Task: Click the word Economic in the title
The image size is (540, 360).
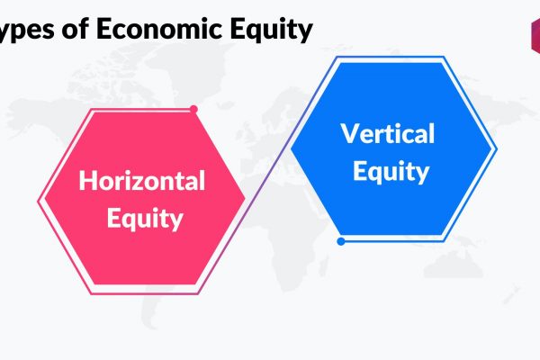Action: [159, 28]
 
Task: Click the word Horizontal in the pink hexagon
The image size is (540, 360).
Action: [142, 181]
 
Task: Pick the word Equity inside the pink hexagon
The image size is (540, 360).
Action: [145, 220]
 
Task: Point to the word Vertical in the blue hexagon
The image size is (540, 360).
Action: [388, 133]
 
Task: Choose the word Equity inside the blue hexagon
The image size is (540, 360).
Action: [391, 172]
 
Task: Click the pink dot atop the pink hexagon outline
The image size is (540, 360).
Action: [193, 109]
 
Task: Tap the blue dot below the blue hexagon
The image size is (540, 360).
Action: [341, 241]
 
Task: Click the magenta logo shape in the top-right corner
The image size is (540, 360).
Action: [535, 36]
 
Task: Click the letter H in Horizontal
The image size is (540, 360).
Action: [86, 180]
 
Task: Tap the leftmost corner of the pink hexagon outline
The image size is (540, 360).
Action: [38, 202]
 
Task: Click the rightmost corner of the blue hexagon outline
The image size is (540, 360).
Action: [496, 149]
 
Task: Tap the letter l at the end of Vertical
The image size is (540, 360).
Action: [432, 132]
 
